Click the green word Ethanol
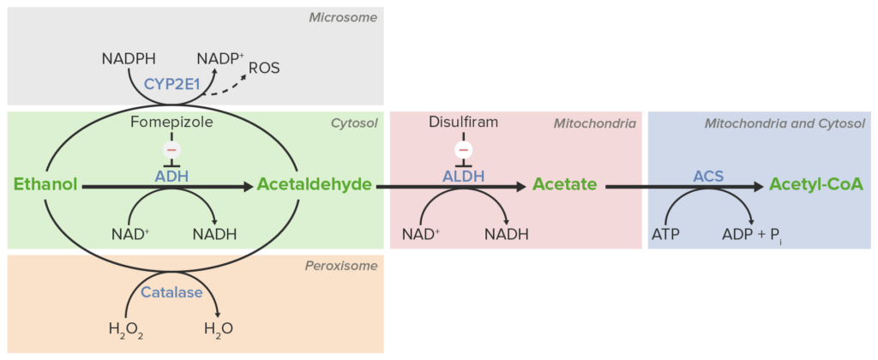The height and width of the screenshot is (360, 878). (x=45, y=184)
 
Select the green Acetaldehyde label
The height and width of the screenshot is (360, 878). (x=314, y=184)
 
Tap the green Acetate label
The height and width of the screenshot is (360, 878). (x=564, y=184)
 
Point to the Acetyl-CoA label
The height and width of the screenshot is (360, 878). (x=815, y=184)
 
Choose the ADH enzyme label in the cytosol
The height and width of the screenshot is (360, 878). (x=171, y=176)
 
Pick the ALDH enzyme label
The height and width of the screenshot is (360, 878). (x=464, y=176)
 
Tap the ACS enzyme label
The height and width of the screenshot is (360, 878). (x=708, y=176)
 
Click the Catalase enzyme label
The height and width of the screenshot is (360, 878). (x=172, y=292)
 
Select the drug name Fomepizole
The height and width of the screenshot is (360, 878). (x=171, y=123)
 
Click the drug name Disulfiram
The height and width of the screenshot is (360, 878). (x=463, y=123)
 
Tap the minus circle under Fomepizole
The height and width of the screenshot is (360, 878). (x=171, y=150)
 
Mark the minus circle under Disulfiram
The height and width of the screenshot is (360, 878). (x=464, y=150)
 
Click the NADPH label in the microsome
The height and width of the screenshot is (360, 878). (x=129, y=59)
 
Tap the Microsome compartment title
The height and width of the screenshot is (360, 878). (x=343, y=16)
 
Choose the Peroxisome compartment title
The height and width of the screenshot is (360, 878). (x=341, y=266)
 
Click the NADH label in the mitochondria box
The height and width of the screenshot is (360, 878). (x=506, y=233)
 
